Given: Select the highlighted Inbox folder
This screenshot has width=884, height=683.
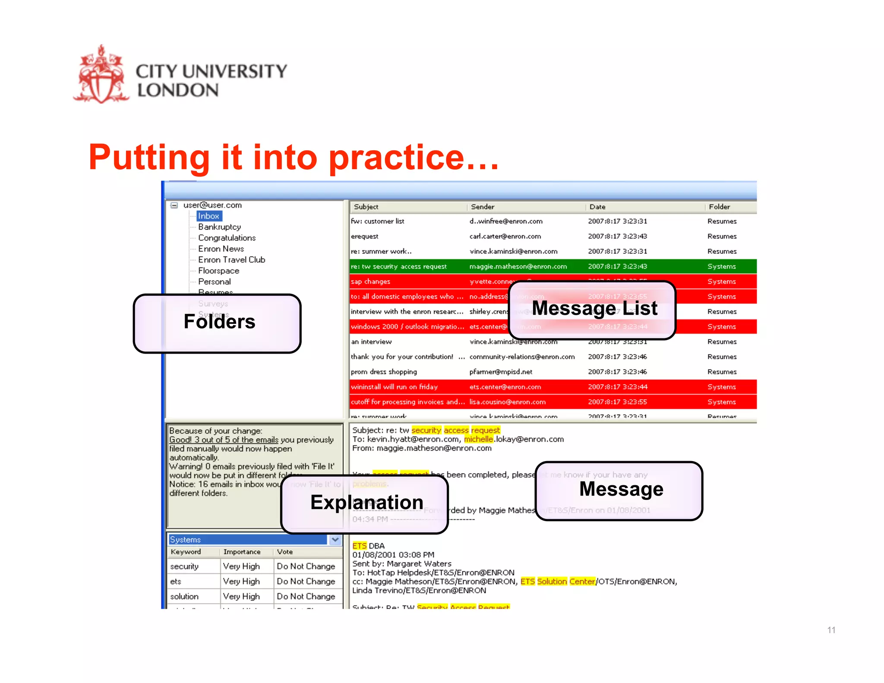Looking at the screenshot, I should point(209,216).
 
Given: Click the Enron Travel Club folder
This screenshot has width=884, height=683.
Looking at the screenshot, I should point(231,259).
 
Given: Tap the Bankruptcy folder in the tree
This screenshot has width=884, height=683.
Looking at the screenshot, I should point(219,227).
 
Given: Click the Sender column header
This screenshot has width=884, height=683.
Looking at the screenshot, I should point(483,207).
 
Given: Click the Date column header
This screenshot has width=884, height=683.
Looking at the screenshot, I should point(597,207).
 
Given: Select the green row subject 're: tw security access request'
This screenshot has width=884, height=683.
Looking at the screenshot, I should point(398,266).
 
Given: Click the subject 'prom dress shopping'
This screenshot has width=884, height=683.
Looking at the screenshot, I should point(384,372).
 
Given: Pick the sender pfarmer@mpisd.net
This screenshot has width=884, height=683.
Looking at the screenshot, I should point(501,372).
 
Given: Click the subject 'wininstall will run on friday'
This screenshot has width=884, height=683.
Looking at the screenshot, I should point(394,387).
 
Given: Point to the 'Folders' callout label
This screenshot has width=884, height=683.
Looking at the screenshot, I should point(219,322).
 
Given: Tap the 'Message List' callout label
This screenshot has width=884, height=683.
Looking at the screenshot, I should point(594,309).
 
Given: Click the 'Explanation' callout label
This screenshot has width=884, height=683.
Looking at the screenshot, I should point(366,503).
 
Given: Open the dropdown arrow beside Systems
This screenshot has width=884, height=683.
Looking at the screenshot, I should point(335,540).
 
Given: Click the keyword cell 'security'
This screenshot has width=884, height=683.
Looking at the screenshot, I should point(184,566).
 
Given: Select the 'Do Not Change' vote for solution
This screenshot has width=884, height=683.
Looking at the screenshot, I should point(306,596).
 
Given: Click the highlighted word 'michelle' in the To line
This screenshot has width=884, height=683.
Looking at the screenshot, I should point(478,439).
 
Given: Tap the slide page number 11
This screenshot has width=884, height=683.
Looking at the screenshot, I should point(831,630).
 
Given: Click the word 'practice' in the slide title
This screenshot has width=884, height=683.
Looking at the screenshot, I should point(396,157).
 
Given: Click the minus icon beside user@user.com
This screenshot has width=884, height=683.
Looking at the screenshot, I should point(174,205).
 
